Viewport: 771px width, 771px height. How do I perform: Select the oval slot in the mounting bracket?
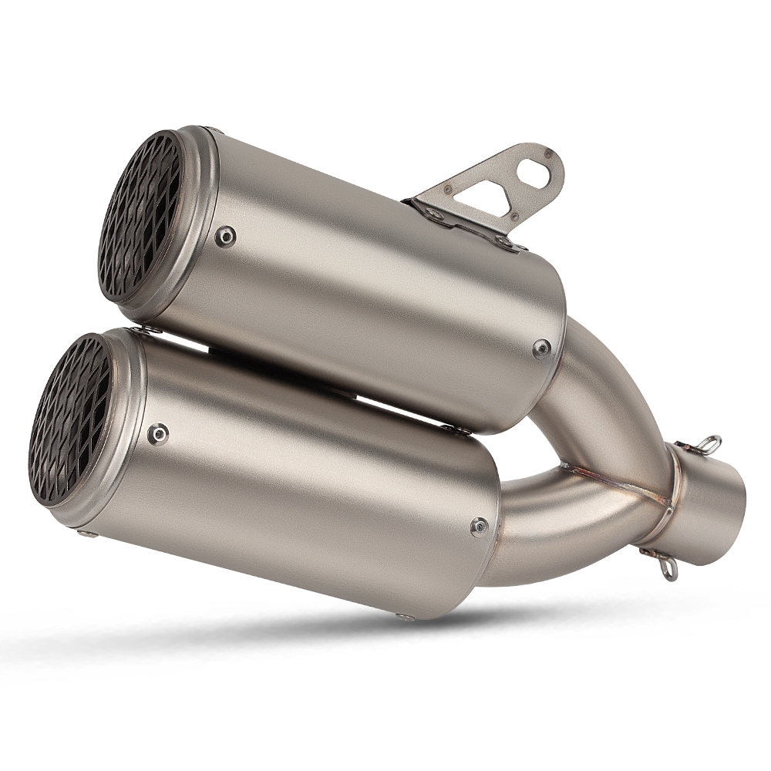537,175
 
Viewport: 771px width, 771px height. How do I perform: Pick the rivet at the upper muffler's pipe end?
542,348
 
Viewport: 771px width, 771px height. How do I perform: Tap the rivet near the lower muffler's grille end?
159,434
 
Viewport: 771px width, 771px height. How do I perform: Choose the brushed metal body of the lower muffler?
308,493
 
